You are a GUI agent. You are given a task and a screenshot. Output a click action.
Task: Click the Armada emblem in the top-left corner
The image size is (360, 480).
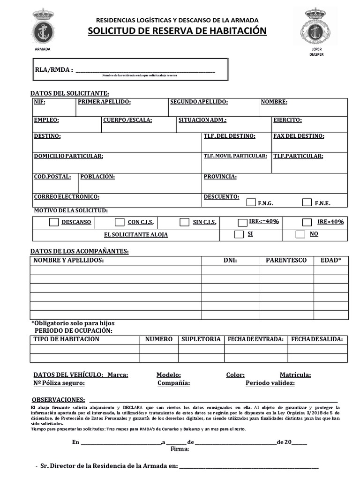(43, 28)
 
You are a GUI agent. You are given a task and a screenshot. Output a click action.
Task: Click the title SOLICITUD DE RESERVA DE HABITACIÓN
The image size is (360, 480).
(177, 31)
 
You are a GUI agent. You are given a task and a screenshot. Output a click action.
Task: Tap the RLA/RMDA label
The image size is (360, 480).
(54, 70)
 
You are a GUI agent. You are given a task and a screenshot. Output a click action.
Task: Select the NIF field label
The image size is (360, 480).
(39, 102)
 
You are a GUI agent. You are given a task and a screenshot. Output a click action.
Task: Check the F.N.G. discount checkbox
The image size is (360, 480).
(251, 202)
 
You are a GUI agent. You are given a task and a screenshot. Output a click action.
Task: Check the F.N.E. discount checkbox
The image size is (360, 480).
(307, 202)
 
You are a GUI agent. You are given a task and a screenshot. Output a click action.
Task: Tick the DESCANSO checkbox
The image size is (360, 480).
(54, 222)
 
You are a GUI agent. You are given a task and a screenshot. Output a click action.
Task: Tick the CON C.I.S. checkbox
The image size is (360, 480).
(120, 222)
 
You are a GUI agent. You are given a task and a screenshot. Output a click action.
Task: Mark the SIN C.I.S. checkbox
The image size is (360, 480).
(185, 222)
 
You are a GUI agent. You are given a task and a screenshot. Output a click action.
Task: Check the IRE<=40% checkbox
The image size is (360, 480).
(242, 223)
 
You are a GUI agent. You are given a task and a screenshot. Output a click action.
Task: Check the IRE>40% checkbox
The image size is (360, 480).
(307, 222)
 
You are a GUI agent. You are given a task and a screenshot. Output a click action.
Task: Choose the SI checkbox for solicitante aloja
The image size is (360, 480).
(239, 234)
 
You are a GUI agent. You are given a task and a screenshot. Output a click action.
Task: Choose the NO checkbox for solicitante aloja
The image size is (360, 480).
(300, 234)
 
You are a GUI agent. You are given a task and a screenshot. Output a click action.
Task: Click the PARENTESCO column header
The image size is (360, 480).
(286, 260)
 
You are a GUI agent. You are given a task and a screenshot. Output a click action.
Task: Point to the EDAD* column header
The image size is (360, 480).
(330, 260)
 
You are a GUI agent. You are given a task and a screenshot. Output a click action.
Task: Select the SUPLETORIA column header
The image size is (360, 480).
(201, 339)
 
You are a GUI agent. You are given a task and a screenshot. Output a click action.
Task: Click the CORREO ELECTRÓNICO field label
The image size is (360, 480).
(67, 197)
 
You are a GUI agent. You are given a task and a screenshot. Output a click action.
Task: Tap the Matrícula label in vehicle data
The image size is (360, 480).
(295, 375)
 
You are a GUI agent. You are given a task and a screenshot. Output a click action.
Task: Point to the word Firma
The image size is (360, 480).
(180, 449)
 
